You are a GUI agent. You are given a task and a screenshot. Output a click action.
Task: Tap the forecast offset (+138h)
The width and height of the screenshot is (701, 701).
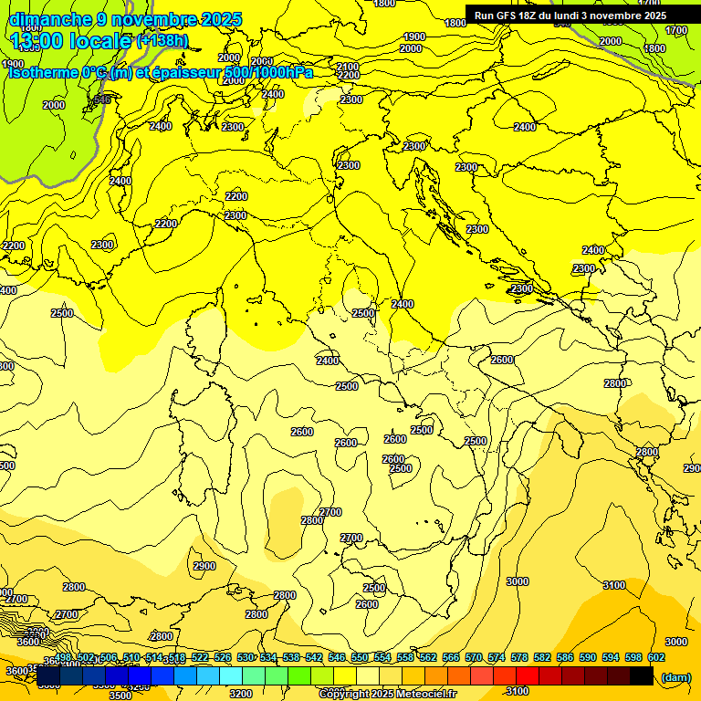[162, 40]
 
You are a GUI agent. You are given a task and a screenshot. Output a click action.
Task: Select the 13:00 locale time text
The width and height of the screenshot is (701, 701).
[69, 40]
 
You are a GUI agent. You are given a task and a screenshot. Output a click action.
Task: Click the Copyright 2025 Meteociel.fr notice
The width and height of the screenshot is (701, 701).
[387, 695]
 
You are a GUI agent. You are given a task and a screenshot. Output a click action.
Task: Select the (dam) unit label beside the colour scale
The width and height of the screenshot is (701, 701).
[675, 676]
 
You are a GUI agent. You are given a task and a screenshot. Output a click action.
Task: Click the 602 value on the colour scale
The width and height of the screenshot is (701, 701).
[656, 657]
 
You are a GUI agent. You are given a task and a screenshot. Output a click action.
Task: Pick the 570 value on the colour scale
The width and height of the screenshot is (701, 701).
[474, 657]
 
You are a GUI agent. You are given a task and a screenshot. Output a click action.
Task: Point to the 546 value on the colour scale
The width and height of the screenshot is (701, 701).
[337, 657]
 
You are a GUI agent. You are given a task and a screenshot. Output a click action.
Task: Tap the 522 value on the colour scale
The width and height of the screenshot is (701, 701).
[200, 657]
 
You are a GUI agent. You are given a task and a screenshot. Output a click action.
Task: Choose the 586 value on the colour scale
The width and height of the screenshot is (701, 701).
[565, 657]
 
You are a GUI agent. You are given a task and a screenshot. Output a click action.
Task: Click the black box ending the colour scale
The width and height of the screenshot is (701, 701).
[642, 675]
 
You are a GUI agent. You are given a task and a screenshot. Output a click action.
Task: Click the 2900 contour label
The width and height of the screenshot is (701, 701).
[204, 566]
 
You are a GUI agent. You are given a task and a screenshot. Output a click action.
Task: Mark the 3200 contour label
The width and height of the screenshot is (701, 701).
[241, 694]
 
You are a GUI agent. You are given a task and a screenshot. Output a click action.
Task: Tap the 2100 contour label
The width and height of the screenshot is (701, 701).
[348, 67]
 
